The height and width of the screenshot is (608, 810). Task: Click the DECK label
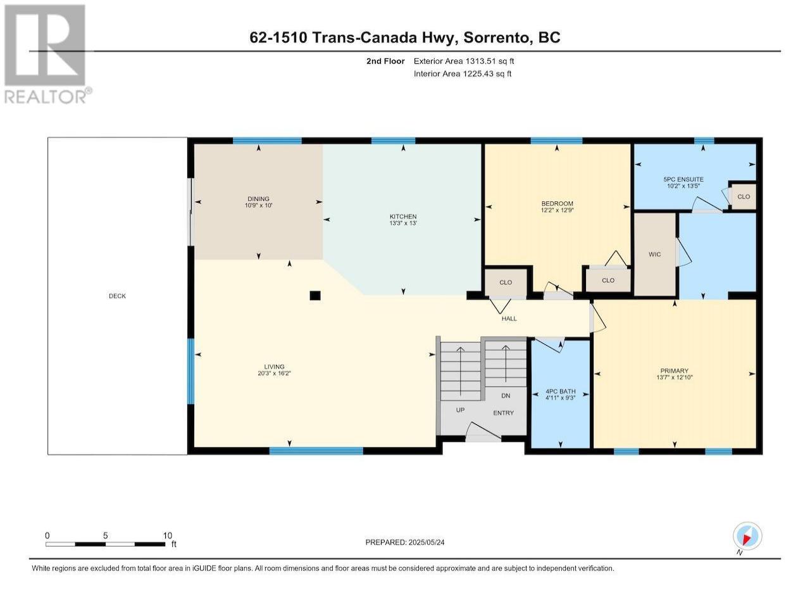click(x=117, y=296)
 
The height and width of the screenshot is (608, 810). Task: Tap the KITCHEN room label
click(x=403, y=217)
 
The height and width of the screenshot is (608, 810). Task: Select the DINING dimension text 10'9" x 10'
click(x=258, y=205)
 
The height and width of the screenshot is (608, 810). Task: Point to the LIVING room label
click(x=274, y=367)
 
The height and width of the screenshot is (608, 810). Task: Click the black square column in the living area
click(x=315, y=295)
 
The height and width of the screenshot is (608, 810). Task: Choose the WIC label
click(x=654, y=255)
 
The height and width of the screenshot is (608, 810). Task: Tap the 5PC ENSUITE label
click(x=683, y=179)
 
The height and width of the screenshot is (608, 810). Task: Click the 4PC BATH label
click(x=561, y=391)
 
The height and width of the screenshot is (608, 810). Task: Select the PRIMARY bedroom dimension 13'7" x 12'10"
click(x=675, y=377)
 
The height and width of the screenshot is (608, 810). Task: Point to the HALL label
click(x=509, y=319)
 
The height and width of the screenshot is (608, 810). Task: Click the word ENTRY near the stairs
click(x=503, y=413)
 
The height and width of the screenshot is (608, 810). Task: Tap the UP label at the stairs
click(x=460, y=410)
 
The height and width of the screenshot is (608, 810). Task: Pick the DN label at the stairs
click(x=506, y=396)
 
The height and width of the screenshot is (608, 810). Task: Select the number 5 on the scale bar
click(x=106, y=535)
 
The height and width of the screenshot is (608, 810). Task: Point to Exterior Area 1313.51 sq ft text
click(x=464, y=61)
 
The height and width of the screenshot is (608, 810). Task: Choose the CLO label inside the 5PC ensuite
click(x=743, y=197)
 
